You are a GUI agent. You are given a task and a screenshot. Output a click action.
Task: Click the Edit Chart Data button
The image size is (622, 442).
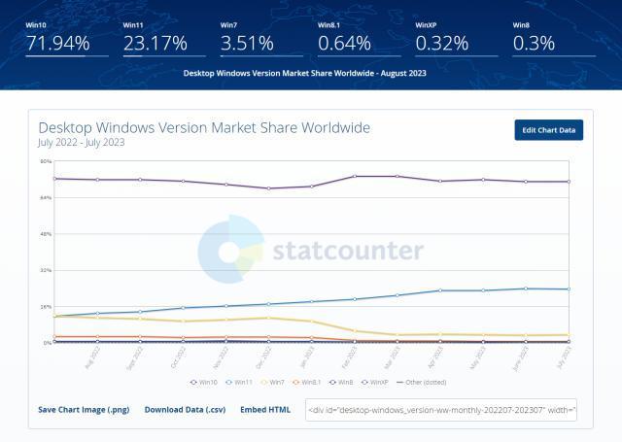[548, 130]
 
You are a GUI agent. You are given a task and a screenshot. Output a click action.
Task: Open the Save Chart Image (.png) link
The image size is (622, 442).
[84, 410]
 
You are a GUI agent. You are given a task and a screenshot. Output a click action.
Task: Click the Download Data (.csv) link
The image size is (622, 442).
[185, 410]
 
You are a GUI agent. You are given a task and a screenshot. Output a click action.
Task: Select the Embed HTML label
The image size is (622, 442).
[265, 410]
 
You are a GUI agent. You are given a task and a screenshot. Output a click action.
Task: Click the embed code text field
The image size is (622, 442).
[441, 410]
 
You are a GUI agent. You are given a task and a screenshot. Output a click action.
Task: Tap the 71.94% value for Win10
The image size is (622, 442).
[57, 43]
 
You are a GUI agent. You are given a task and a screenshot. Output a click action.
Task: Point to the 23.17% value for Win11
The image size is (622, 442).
[155, 43]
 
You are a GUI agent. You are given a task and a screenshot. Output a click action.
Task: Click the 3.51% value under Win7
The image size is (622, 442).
[248, 43]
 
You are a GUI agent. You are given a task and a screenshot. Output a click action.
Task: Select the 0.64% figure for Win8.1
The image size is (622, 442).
[344, 43]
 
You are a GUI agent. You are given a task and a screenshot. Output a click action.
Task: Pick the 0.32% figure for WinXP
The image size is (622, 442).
[441, 43]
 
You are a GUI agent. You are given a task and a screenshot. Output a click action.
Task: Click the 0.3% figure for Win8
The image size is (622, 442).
[534, 43]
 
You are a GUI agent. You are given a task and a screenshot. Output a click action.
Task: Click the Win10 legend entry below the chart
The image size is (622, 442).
[203, 382]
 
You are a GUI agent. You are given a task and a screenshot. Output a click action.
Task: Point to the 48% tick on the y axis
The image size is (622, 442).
[45, 234]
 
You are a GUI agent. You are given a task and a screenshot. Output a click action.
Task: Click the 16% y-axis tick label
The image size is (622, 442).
[45, 307]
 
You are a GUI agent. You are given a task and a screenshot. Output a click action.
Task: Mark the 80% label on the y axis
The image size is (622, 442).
[45, 161]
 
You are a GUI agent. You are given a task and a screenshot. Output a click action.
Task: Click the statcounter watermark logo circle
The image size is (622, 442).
[231, 250]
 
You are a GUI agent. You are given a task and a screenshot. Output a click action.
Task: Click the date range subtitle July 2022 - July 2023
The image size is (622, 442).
[82, 143]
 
